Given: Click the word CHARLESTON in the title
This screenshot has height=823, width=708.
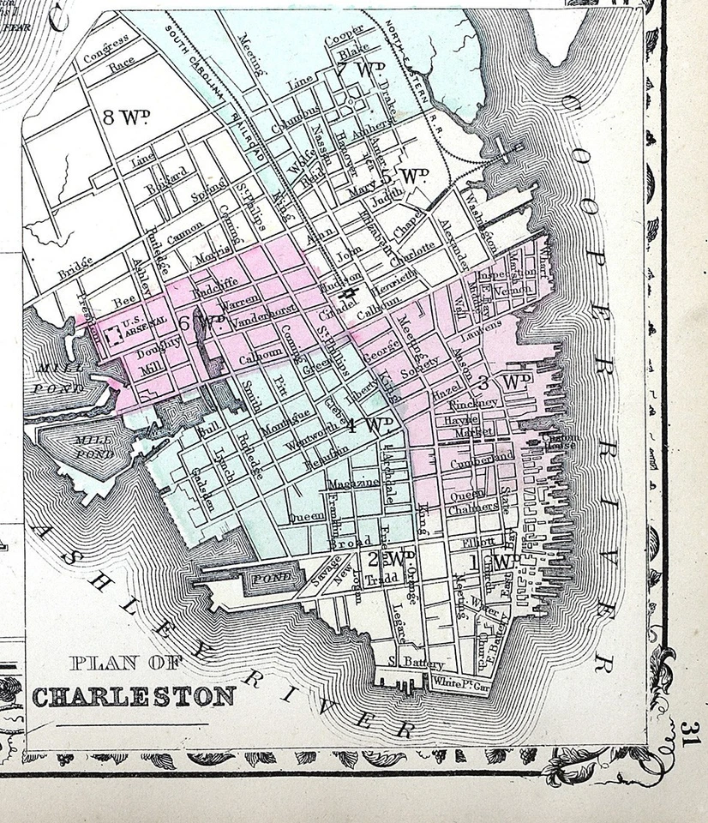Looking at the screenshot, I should pos(134,695).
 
